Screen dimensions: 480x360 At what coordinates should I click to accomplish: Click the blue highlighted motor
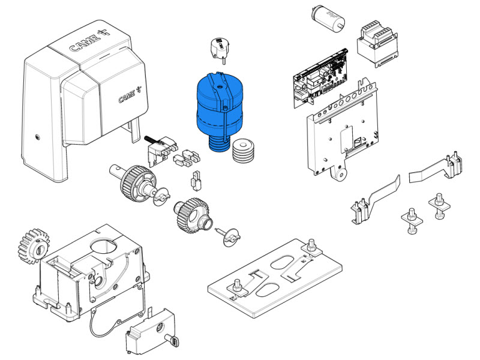(219, 110)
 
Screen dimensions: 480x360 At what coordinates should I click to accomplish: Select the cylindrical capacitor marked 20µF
(328, 19)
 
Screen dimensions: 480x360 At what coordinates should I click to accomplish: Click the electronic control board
(320, 78)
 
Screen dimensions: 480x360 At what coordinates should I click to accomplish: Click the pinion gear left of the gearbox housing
(33, 247)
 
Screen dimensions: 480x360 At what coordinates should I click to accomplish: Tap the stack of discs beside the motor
(243, 151)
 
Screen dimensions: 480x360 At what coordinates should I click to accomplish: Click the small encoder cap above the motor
(220, 49)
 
